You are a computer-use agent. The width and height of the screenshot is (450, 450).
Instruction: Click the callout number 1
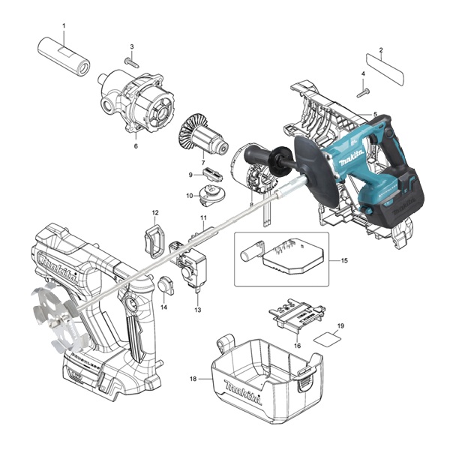64,25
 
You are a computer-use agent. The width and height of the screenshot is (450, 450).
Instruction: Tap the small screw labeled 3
132,61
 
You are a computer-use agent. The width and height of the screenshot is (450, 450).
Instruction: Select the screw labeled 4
363,93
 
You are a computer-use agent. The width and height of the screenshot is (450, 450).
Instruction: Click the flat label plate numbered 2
385,68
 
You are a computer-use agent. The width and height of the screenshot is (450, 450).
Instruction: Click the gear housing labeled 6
136,101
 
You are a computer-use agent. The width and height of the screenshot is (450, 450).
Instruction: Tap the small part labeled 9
213,174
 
